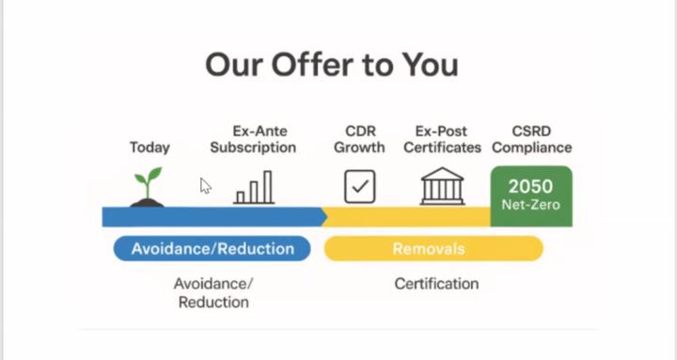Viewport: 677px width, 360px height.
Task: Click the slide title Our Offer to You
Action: pyautogui.click(x=332, y=65)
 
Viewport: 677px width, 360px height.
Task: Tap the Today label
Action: pyautogui.click(x=150, y=148)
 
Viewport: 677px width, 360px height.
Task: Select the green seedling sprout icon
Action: pyautogui.click(x=147, y=186)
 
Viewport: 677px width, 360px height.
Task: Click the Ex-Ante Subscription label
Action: pyautogui.click(x=253, y=139)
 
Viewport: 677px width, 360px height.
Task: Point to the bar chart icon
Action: pyautogui.click(x=255, y=187)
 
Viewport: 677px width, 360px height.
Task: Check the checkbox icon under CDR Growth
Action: pyautogui.click(x=359, y=186)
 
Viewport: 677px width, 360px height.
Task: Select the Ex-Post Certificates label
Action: pyautogui.click(x=441, y=139)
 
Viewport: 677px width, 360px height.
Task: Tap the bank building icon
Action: pyautogui.click(x=441, y=186)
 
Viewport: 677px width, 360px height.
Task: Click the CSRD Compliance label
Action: pyautogui.click(x=531, y=139)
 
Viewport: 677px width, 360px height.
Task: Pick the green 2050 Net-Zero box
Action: pyautogui.click(x=531, y=196)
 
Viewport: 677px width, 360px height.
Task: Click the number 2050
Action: pyautogui.click(x=531, y=186)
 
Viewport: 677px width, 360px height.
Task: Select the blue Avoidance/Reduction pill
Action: pyautogui.click(x=213, y=248)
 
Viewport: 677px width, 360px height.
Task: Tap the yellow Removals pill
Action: pyautogui.click(x=433, y=248)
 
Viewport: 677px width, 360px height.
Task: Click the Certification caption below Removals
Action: pyautogui.click(x=436, y=284)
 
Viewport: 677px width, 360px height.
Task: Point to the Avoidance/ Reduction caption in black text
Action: pyautogui.click(x=213, y=292)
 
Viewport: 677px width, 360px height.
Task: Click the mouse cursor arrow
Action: pyautogui.click(x=205, y=185)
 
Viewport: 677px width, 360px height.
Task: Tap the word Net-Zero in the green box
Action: pyautogui.click(x=531, y=204)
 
